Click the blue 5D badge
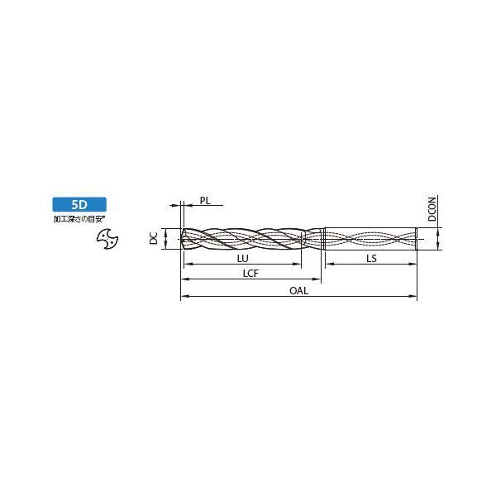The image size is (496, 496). pos(79,205)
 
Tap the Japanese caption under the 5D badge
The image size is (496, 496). pos(79,219)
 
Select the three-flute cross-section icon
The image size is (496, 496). pos(107,239)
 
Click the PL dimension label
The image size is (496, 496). pos(205,200)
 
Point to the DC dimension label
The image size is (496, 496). pos(154,238)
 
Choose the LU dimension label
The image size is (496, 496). pos(242,259)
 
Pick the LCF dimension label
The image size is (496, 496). pos(250,274)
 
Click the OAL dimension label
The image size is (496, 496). pos(298,291)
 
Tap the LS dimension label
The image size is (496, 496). pos(371,259)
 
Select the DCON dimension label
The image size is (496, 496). pos(432,208)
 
